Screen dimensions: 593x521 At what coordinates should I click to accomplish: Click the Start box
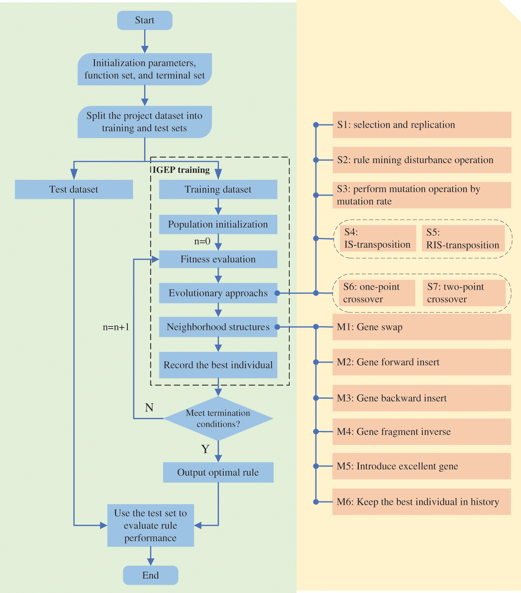pyautogui.click(x=144, y=20)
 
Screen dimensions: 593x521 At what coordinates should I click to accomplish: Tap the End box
pyautogui.click(x=150, y=575)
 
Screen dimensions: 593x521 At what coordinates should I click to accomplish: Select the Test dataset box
pyautogui.click(x=74, y=189)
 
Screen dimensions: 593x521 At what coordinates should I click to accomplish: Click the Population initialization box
pyautogui.click(x=218, y=224)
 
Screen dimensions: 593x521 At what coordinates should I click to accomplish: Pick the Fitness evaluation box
pyautogui.click(x=218, y=259)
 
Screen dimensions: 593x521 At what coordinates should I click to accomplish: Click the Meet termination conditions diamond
pyautogui.click(x=218, y=418)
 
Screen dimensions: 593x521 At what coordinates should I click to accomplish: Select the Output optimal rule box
pyautogui.click(x=218, y=472)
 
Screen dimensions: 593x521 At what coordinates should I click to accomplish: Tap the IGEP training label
pyautogui.click(x=181, y=170)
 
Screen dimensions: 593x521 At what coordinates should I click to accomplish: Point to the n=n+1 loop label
pyautogui.click(x=116, y=327)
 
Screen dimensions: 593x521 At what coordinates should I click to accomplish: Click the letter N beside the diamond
pyautogui.click(x=149, y=407)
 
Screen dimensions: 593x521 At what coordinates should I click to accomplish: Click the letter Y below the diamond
pyautogui.click(x=205, y=449)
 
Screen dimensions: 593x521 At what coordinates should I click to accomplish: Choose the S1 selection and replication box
pyautogui.click(x=422, y=125)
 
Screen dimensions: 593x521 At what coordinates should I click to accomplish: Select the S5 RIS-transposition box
pyautogui.click(x=463, y=238)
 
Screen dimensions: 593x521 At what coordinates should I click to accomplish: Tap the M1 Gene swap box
pyautogui.click(x=422, y=327)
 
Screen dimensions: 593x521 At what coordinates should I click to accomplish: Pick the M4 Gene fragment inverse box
pyautogui.click(x=422, y=432)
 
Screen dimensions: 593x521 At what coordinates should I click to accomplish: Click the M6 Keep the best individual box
pyautogui.click(x=422, y=502)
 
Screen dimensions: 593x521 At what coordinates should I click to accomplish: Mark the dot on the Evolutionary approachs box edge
pyautogui.click(x=277, y=293)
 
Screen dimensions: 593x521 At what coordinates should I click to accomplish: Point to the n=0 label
pyautogui.click(x=202, y=241)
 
